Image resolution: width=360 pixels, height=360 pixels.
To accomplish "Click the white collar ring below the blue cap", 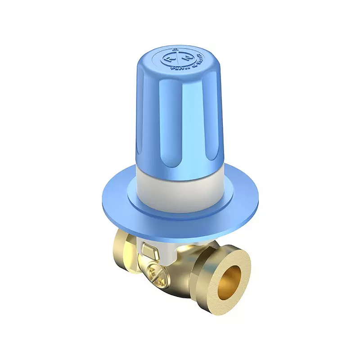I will click(x=180, y=184).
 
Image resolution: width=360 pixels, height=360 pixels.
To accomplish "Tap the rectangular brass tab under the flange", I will click(x=149, y=248).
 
